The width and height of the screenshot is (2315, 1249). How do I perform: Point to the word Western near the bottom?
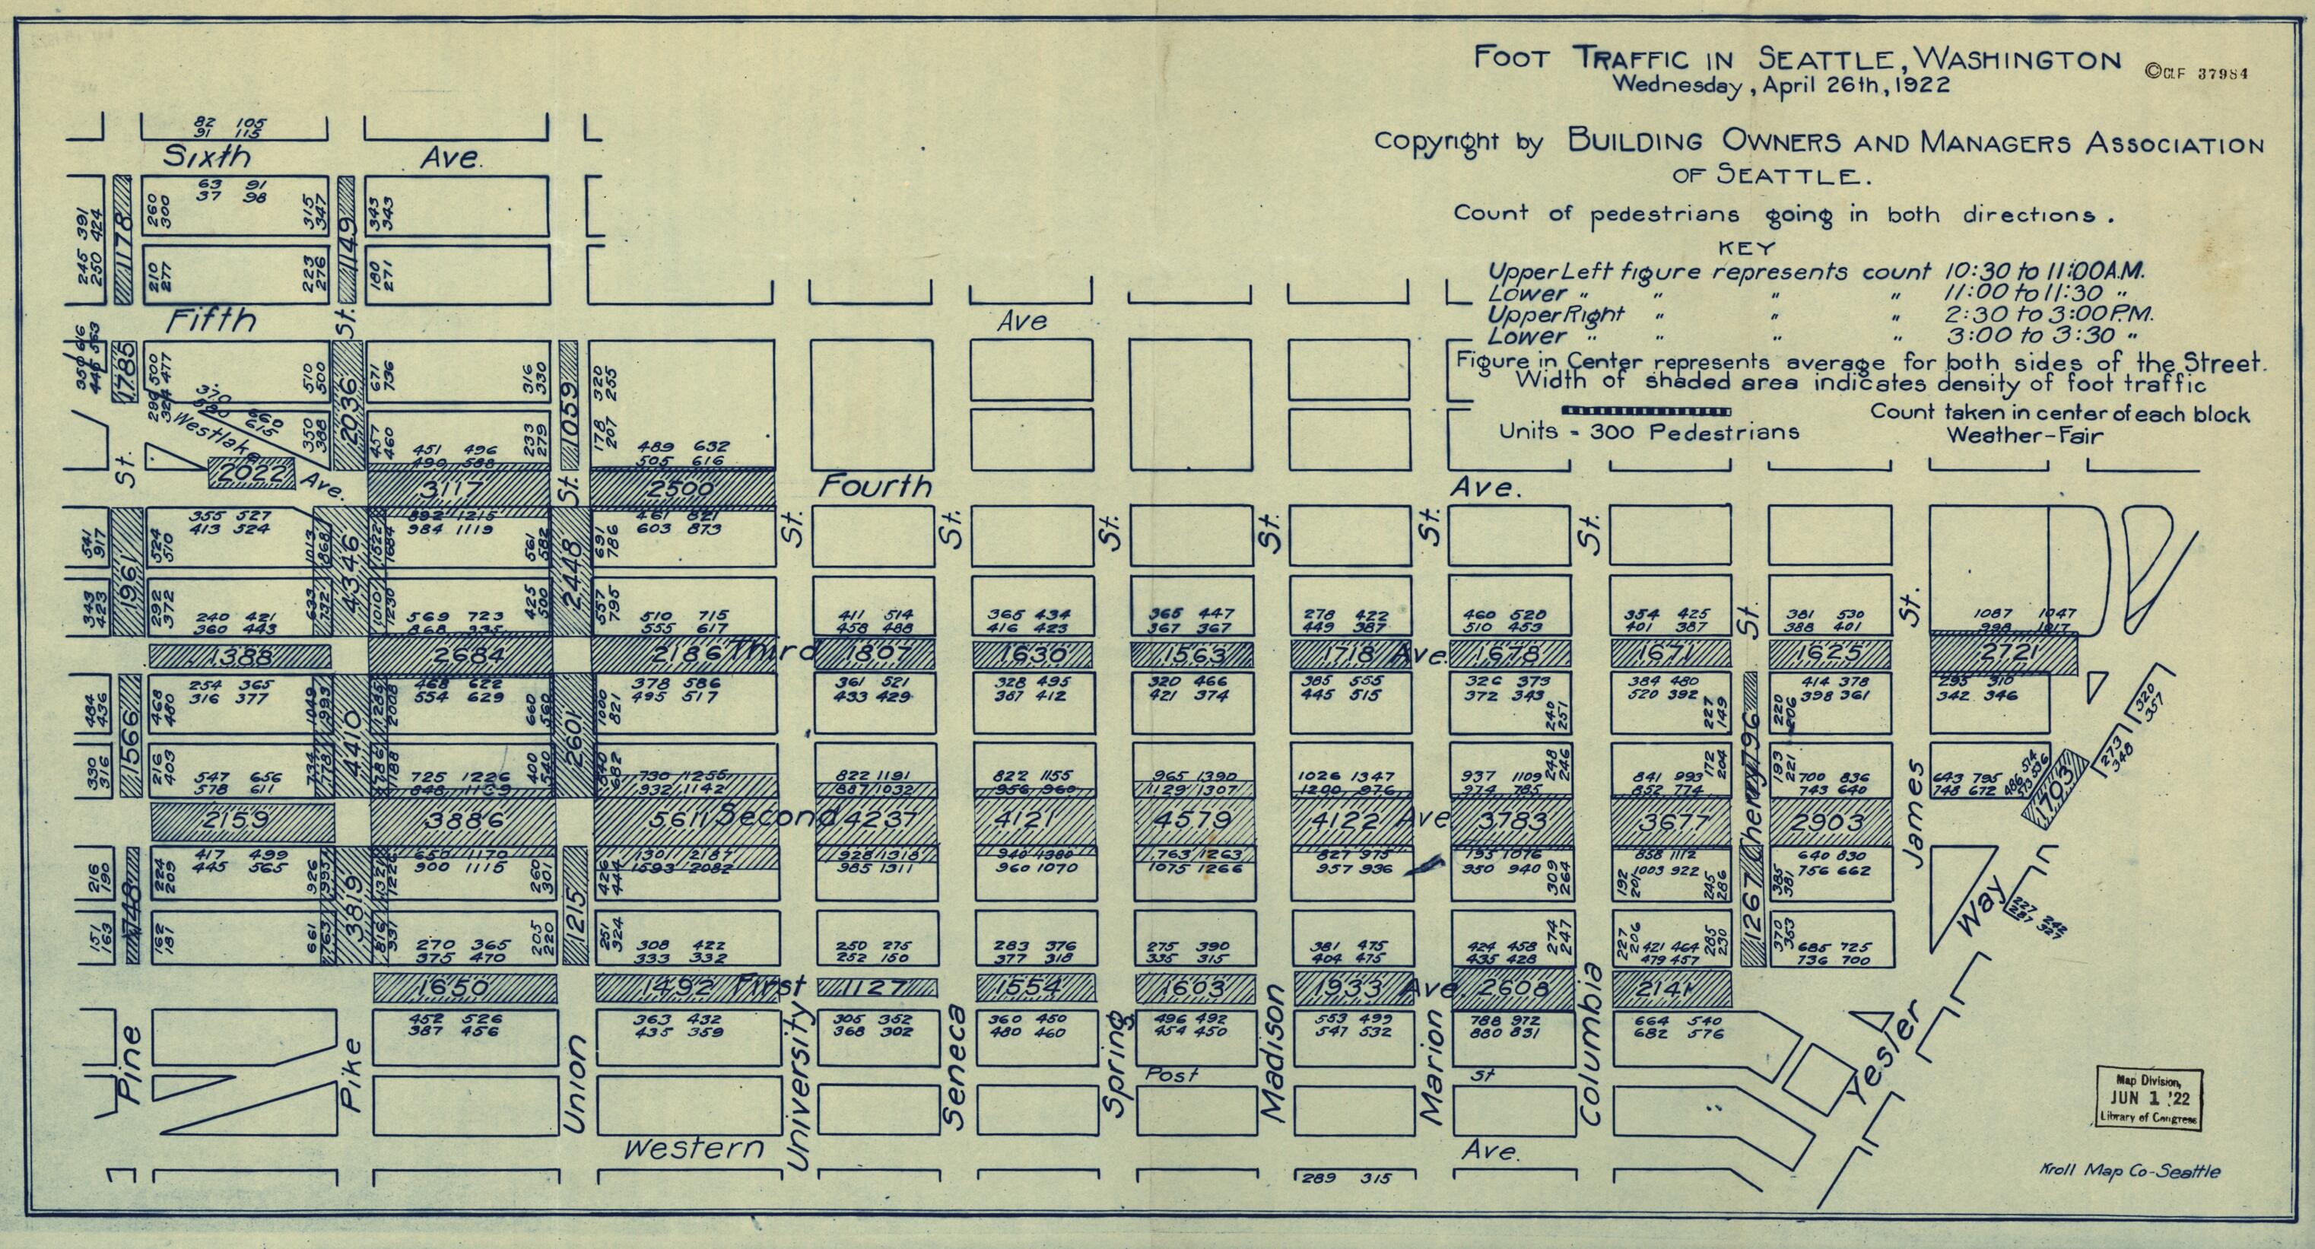(x=694, y=1149)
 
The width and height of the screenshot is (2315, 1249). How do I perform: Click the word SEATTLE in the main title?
(x=1808, y=59)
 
